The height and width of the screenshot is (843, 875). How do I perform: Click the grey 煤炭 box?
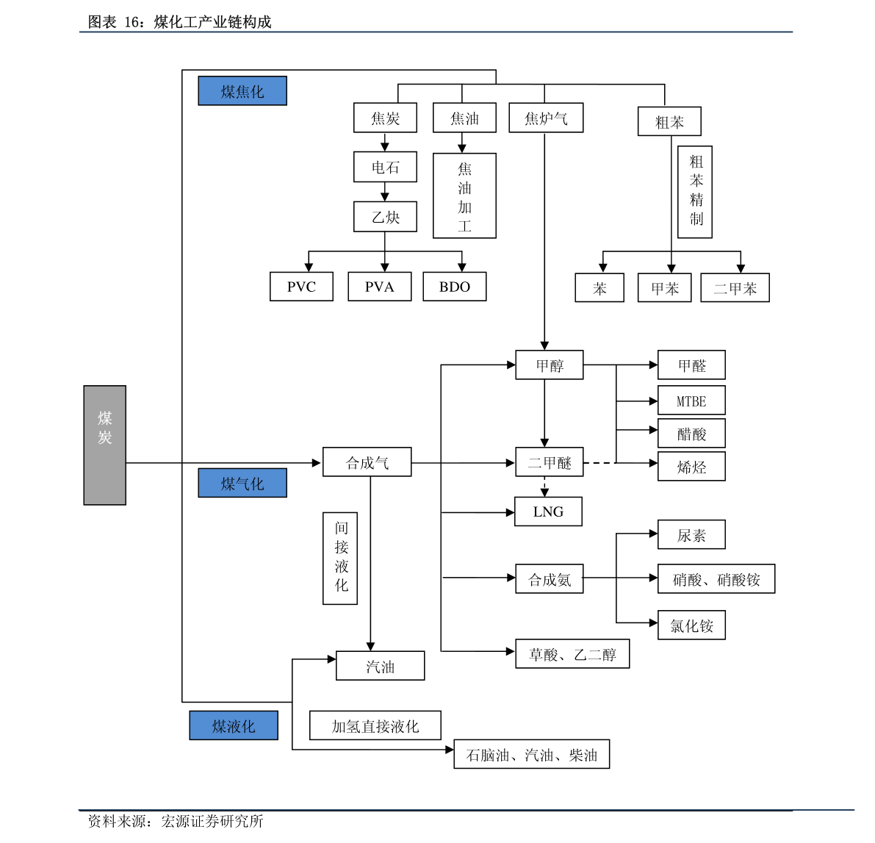(105, 445)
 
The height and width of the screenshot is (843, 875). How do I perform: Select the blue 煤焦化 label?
(242, 91)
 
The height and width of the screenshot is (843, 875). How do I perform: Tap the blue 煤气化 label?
(242, 483)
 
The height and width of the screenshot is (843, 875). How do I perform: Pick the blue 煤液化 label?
(233, 725)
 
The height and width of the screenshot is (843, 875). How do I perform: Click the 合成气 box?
(367, 462)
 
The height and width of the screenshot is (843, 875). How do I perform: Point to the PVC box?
(301, 287)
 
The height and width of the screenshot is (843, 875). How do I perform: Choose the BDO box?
(454, 287)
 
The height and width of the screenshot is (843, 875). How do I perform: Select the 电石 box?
(385, 167)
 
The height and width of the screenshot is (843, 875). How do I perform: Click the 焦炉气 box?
(546, 118)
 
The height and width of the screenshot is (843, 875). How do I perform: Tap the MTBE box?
(691, 401)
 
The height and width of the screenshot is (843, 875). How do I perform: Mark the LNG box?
(548, 512)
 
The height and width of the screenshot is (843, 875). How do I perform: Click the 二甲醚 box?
(549, 462)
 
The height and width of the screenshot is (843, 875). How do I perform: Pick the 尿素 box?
(691, 535)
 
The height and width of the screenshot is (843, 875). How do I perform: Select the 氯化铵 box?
(691, 625)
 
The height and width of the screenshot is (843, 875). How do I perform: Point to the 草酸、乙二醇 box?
(572, 653)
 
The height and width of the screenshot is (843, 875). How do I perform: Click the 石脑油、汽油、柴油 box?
(531, 754)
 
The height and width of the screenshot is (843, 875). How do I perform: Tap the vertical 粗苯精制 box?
(695, 192)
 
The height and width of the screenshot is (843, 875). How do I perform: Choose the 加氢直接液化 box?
(375, 725)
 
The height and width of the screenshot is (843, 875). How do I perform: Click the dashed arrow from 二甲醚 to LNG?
(544, 487)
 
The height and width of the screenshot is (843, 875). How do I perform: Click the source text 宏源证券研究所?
(212, 821)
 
